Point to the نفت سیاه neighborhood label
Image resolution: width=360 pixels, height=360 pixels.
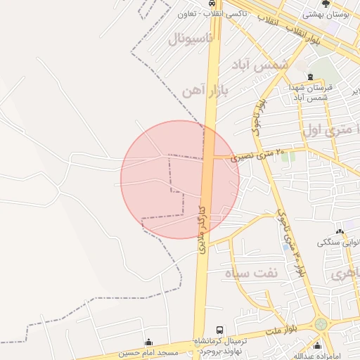[252, 273]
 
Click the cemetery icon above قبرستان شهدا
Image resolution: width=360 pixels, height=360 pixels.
[310, 77]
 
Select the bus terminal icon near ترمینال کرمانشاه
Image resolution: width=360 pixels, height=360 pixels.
[220, 329]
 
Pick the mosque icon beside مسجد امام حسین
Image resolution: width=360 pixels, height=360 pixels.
[148, 342]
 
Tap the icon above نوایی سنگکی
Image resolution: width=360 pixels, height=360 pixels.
[340, 232]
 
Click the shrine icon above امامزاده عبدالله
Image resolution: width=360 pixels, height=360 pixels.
[318, 345]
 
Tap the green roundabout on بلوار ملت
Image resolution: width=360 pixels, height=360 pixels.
[321, 324]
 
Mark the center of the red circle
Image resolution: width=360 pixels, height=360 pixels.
[180, 179]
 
